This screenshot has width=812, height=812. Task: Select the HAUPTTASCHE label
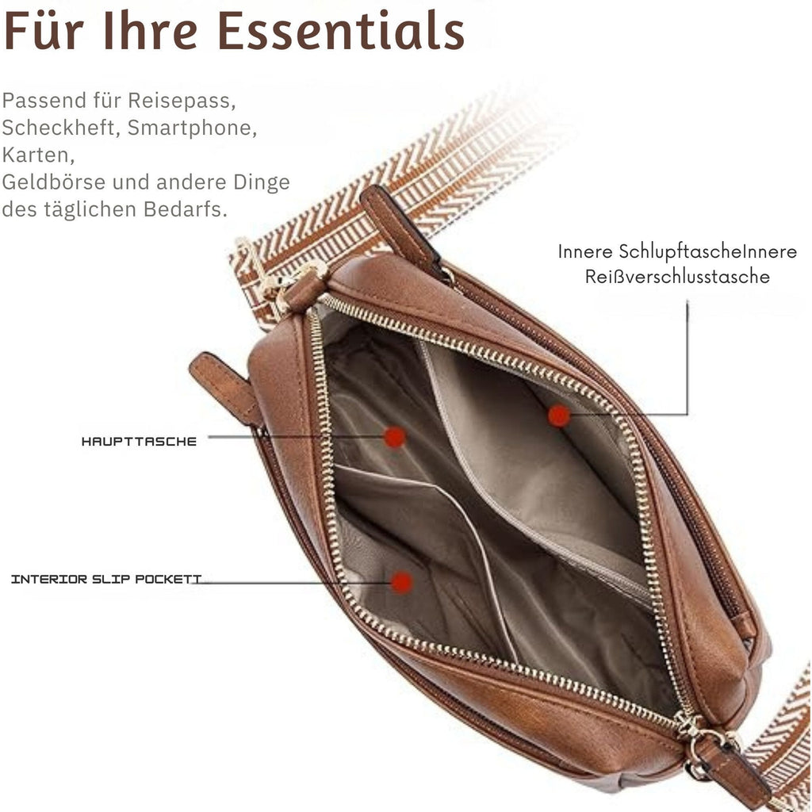(139, 442)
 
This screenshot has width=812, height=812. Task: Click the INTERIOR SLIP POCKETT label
(106, 580)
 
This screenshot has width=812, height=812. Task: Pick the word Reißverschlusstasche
(677, 277)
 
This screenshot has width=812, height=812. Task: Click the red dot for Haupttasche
(394, 437)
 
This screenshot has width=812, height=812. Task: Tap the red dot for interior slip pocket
(402, 582)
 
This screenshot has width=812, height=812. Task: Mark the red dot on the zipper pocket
(559, 416)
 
